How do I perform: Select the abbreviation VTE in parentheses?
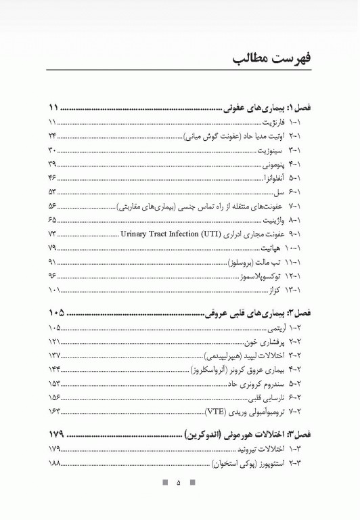[215, 412]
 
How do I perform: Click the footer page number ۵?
[179, 483]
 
